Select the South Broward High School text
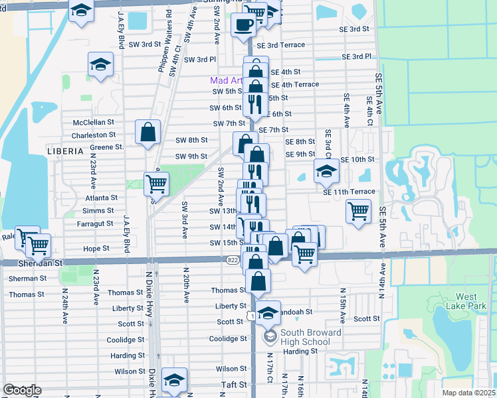pos(305,338)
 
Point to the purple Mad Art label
pos(224,80)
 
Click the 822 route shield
pos(232,260)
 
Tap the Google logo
pos(21,390)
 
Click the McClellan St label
pos(94,123)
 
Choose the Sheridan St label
pos(42,263)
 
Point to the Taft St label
pos(234,384)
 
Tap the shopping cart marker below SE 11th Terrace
pos(358,212)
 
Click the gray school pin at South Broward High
pos(270,338)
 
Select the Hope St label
pos(96,249)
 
